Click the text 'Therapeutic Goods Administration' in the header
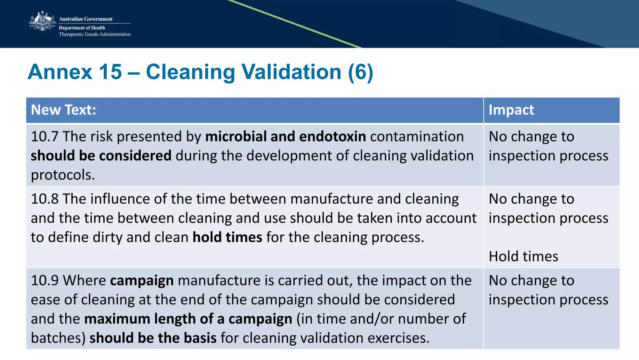95,34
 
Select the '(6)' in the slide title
360,72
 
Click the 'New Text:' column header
63,110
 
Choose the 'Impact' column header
511,110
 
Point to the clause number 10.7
45,137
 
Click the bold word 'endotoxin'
332,137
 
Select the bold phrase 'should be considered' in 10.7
101,156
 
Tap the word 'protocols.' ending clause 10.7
63,175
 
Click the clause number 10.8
45,199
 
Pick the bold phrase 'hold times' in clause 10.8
227,237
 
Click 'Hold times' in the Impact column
523,256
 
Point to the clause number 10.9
45,280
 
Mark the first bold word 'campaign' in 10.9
142,280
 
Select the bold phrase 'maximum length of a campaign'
188,319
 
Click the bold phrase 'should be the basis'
153,338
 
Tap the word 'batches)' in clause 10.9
58,338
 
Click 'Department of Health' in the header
82,28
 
